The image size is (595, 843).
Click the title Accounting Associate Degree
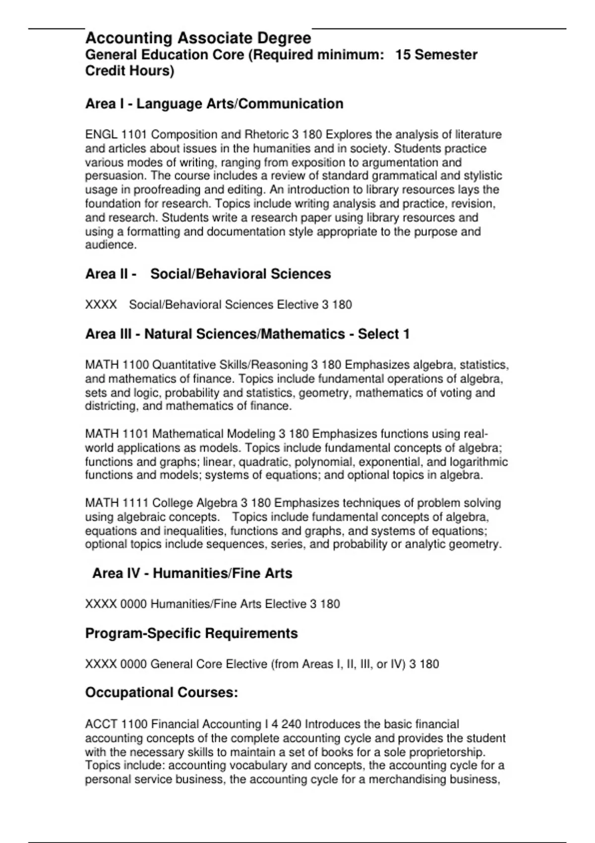click(198, 38)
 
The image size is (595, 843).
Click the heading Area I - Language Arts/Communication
click(214, 104)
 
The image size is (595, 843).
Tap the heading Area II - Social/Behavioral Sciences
click(208, 274)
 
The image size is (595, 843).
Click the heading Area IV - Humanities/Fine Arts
click(192, 573)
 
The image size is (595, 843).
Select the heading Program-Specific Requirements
click(191, 633)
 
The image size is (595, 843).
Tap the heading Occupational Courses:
click(162, 692)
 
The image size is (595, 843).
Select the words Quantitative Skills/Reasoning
click(230, 365)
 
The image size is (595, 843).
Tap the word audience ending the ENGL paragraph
click(109, 245)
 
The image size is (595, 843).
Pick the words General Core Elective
click(209, 664)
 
